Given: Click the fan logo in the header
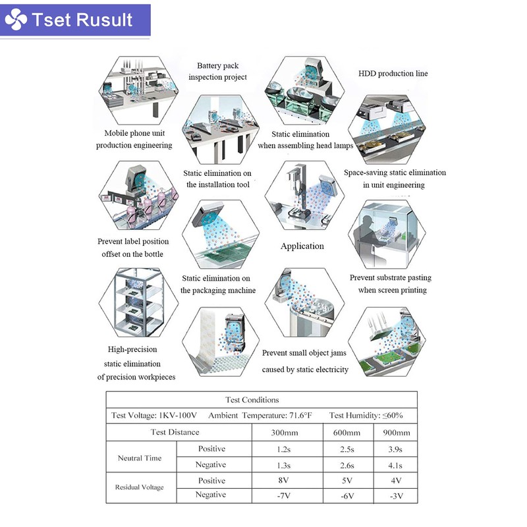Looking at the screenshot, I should pos(16,20).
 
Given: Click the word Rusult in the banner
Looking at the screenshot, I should pos(105,20).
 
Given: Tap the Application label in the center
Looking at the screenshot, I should pos(302,246).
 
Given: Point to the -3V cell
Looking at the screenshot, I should pos(396,495).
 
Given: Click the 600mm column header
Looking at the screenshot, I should pos(347,433).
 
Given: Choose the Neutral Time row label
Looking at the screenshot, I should pos(139,458).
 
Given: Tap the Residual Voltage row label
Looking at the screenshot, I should pos(139,487).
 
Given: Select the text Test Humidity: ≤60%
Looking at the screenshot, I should pos(366,416).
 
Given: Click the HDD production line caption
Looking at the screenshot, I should pos(393,74).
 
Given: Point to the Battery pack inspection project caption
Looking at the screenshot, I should pos(218,71).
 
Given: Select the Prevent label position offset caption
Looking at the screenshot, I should pos(133,248).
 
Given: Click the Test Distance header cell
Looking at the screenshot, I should pos(175,433).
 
